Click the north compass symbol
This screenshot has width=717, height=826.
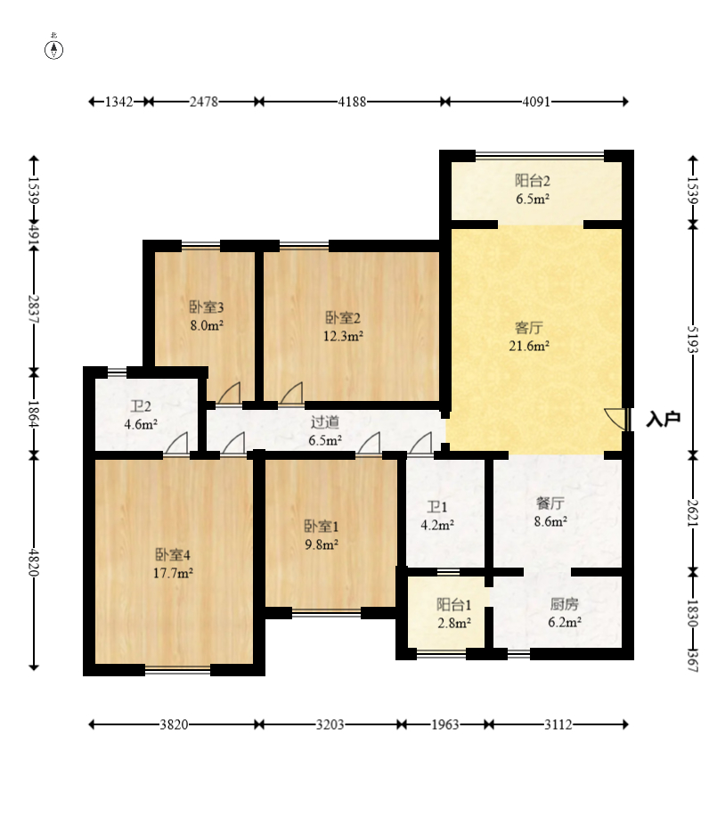(x=53, y=48)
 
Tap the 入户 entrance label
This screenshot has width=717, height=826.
(x=664, y=420)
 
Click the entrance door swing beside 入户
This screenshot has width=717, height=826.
(x=615, y=418)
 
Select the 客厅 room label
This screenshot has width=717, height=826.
(x=528, y=328)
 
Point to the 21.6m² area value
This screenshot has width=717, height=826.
(x=529, y=346)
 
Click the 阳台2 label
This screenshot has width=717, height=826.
(x=533, y=181)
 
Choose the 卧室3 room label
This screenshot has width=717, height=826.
(x=207, y=307)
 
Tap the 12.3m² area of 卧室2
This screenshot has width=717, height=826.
(x=343, y=336)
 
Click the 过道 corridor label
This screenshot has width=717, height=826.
(x=325, y=422)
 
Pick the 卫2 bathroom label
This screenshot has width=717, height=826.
(x=141, y=406)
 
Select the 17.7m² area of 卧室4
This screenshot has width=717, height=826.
(x=173, y=573)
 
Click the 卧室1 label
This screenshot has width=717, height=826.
(x=322, y=526)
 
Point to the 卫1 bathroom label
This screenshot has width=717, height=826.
(x=437, y=507)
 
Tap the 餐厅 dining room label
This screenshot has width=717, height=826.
(x=550, y=503)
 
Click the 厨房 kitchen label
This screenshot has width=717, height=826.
(x=565, y=604)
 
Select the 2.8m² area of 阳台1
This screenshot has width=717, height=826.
(x=453, y=623)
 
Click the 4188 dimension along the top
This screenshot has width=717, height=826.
(x=352, y=102)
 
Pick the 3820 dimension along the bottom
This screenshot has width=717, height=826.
(x=174, y=724)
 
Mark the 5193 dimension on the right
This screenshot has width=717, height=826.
(x=693, y=339)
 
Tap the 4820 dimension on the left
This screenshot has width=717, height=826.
(x=34, y=562)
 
